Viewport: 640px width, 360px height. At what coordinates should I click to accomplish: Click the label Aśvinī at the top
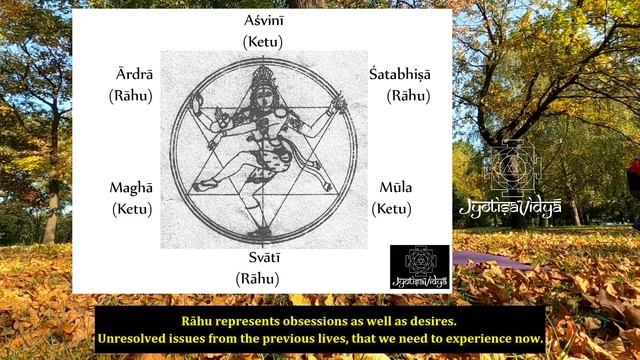263,21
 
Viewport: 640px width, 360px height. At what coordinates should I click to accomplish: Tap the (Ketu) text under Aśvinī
263,42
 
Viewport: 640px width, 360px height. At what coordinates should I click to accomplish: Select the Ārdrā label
131,76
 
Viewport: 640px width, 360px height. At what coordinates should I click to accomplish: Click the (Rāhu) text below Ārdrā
130,97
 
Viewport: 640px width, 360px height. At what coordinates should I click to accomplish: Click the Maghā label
131,188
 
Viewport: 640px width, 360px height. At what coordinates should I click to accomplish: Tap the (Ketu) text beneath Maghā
131,209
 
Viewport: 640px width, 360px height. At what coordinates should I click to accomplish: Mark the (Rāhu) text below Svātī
258,278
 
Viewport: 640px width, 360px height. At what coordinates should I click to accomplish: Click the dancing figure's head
262,80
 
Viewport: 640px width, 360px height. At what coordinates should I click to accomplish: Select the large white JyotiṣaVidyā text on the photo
510,209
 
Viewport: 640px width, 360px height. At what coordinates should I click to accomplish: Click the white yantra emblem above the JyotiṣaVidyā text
512,168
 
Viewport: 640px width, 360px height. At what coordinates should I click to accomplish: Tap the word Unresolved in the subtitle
136,340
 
